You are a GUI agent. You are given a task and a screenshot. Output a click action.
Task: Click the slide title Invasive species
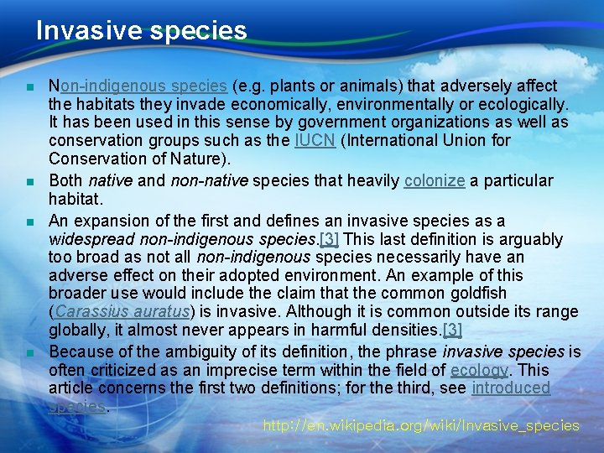tap(141, 31)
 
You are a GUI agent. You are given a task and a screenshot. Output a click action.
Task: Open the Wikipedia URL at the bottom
tap(420, 425)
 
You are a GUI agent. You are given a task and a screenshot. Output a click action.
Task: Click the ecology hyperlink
tap(479, 370)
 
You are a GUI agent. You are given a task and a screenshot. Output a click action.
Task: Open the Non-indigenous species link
tap(138, 86)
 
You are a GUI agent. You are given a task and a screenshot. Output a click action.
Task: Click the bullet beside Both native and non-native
tap(29, 181)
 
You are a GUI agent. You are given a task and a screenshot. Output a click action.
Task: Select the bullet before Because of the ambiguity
tap(29, 352)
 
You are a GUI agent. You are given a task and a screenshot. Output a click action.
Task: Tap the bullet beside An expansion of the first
tap(29, 221)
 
